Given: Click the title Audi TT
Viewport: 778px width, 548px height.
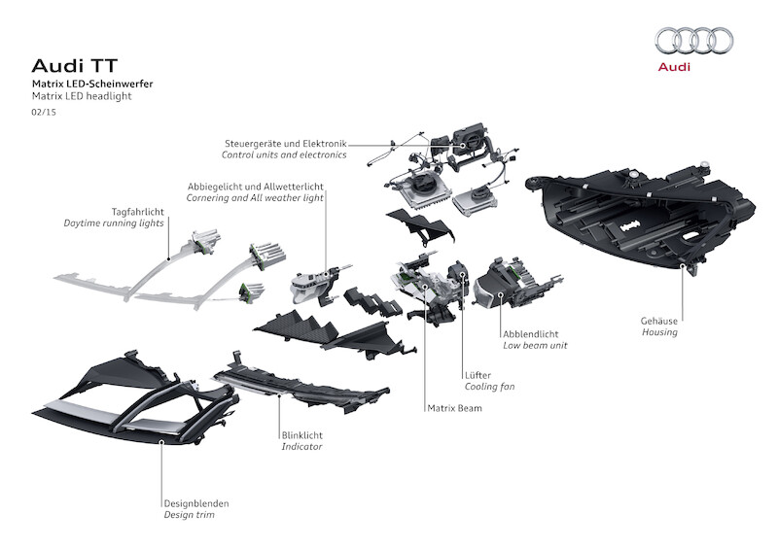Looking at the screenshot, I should pos(67,67).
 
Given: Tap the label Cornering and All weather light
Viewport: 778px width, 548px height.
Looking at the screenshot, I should pos(255,197).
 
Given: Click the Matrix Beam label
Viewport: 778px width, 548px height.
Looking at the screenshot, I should pos(454,409).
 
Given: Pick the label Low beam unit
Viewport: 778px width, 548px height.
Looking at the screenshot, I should pos(535,345).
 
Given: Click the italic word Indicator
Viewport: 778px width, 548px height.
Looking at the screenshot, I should pos(301,447).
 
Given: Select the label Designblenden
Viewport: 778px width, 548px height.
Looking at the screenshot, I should pos(196,503).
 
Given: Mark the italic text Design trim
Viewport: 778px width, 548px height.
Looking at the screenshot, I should pos(189,516).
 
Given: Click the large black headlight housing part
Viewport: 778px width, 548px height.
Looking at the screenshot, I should pos(642,214).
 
